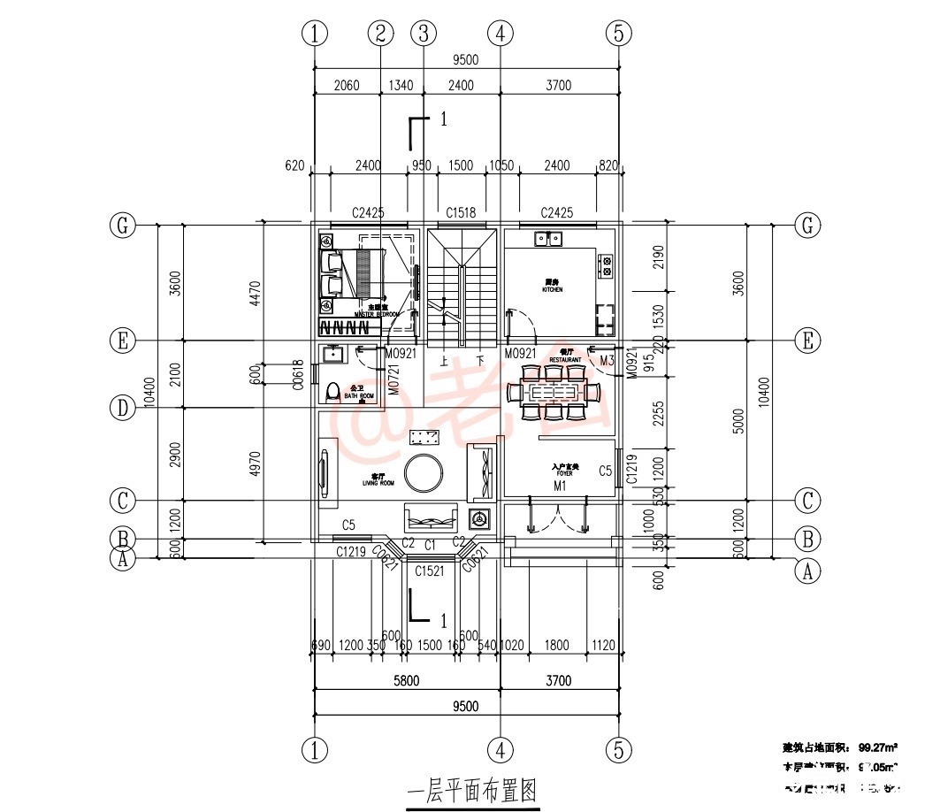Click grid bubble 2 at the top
tap(380, 34)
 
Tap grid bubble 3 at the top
tap(424, 34)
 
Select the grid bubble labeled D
tap(122, 408)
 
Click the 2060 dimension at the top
tap(347, 85)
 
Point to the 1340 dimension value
tap(401, 85)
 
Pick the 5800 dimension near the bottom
tap(406, 680)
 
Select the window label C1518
tap(461, 212)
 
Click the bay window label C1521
tap(429, 571)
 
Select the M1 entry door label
tap(560, 486)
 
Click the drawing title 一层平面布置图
tap(471, 790)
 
